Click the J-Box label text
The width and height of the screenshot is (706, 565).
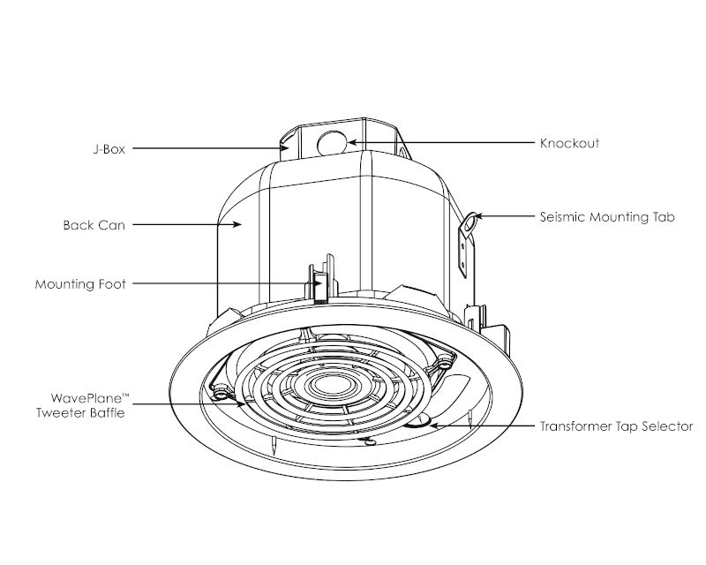[x=109, y=149]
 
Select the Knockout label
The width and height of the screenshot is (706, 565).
[x=569, y=143]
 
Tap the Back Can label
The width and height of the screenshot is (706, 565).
[x=94, y=225]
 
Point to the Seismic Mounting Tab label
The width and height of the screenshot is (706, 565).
[x=607, y=216]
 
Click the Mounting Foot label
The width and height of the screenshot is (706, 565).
[x=80, y=284]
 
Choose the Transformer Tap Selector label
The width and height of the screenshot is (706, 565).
[x=616, y=426]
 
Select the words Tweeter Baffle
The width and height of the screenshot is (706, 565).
[x=80, y=412]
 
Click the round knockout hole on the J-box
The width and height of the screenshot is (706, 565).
[x=332, y=143]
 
